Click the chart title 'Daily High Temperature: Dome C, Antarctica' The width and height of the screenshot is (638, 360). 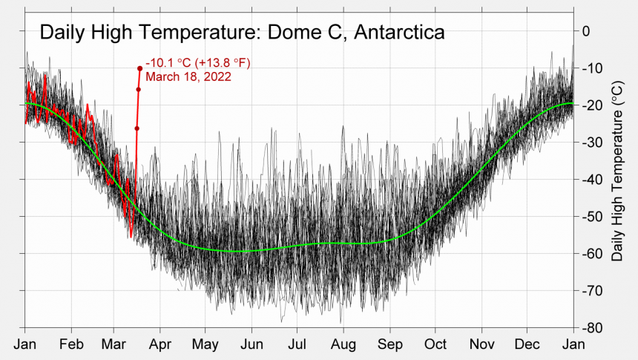pos(242,33)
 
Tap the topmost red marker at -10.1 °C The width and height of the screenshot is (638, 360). pos(139,68)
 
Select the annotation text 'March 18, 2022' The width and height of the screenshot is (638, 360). pos(188,76)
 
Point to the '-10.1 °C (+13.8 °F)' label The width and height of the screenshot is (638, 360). pos(198,63)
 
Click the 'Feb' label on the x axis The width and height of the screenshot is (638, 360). pos(71,344)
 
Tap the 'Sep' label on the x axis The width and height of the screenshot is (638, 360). pos(389,344)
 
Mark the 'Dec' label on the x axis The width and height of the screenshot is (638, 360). pos(527,344)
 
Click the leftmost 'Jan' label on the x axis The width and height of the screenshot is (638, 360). pos(25,344)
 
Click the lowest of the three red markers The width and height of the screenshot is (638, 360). pos(137,128)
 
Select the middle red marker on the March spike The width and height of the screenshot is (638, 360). pos(138,90)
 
